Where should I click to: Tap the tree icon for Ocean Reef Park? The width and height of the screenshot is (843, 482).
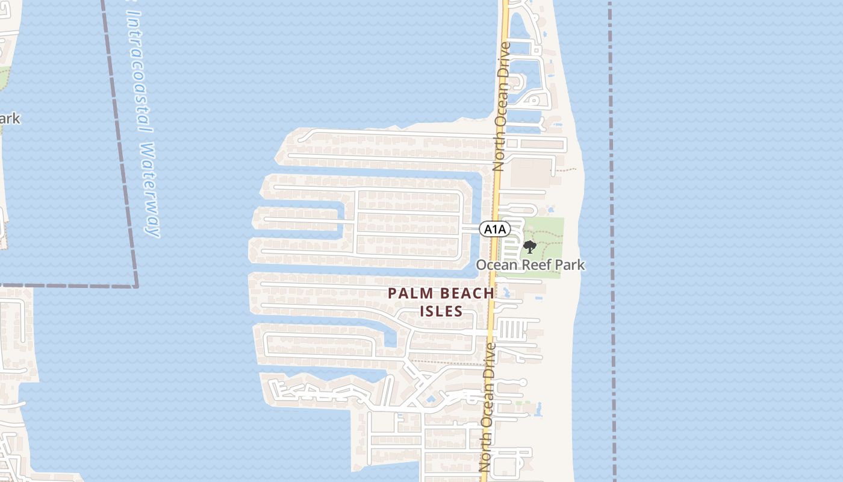tap(530, 247)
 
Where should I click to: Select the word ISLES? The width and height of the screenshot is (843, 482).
tap(441, 311)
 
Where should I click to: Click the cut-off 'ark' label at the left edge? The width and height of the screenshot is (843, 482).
tap(10, 119)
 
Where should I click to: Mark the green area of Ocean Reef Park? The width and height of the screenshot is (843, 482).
tap(548, 232)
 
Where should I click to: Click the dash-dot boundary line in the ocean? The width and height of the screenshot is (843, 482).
tap(612, 241)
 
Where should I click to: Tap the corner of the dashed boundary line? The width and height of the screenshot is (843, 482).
tap(136, 285)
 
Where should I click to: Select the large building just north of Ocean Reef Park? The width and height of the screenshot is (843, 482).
tap(531, 172)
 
